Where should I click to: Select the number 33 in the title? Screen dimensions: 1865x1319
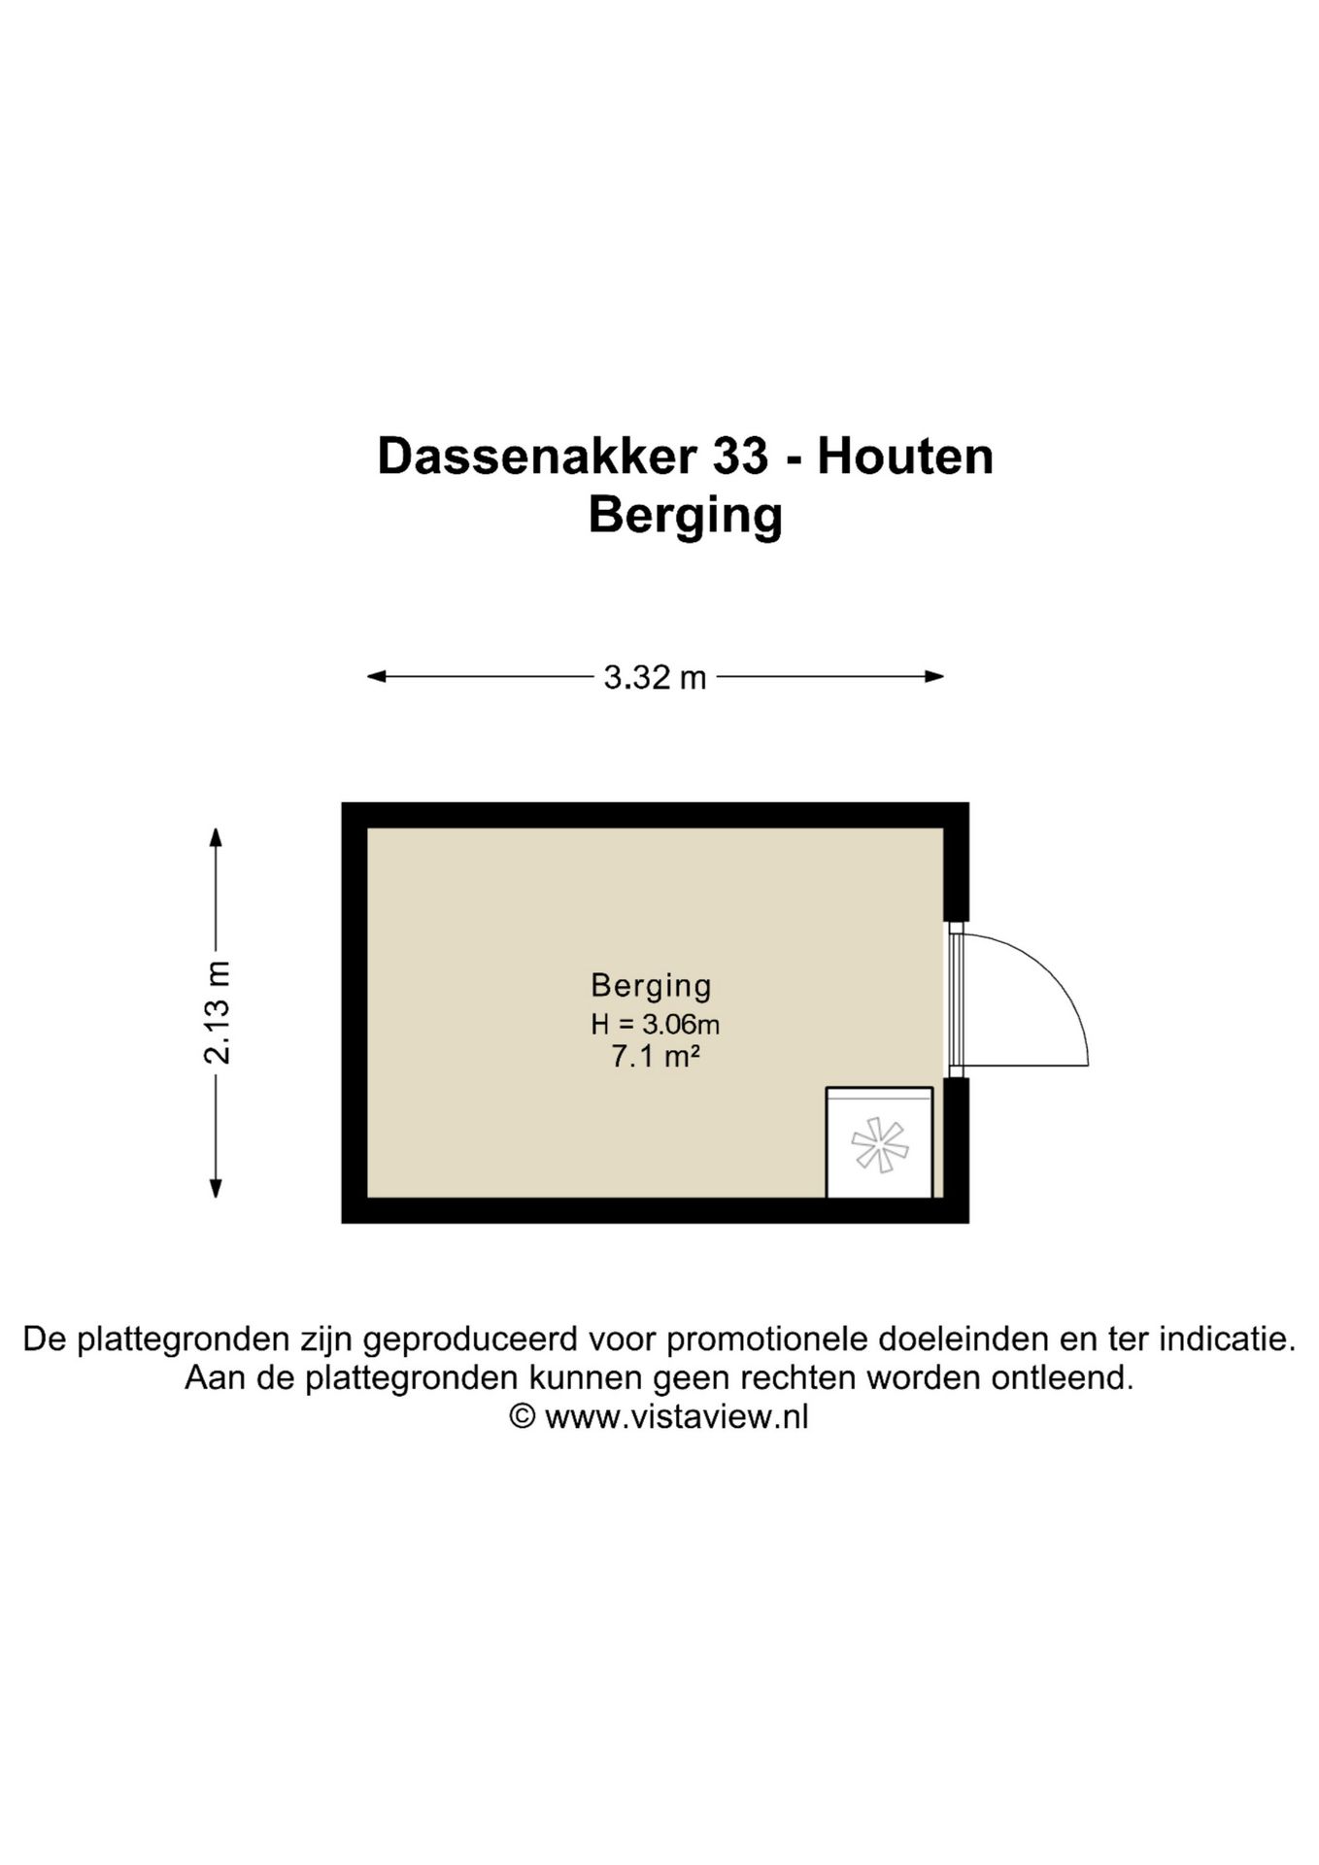(740, 456)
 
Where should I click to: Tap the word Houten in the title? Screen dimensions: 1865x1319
(905, 456)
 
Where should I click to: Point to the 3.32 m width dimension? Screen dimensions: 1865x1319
(655, 677)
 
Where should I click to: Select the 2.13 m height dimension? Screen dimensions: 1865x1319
(217, 1012)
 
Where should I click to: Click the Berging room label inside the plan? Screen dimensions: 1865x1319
(651, 985)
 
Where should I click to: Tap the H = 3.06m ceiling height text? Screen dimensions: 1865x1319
(655, 1024)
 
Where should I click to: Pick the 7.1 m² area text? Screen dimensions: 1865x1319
(655, 1057)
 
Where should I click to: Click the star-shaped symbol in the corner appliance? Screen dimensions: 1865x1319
(879, 1144)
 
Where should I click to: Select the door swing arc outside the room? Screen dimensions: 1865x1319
(1054, 981)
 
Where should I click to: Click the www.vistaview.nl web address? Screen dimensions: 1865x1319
(676, 1417)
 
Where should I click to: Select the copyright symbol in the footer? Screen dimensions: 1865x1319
(523, 1417)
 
